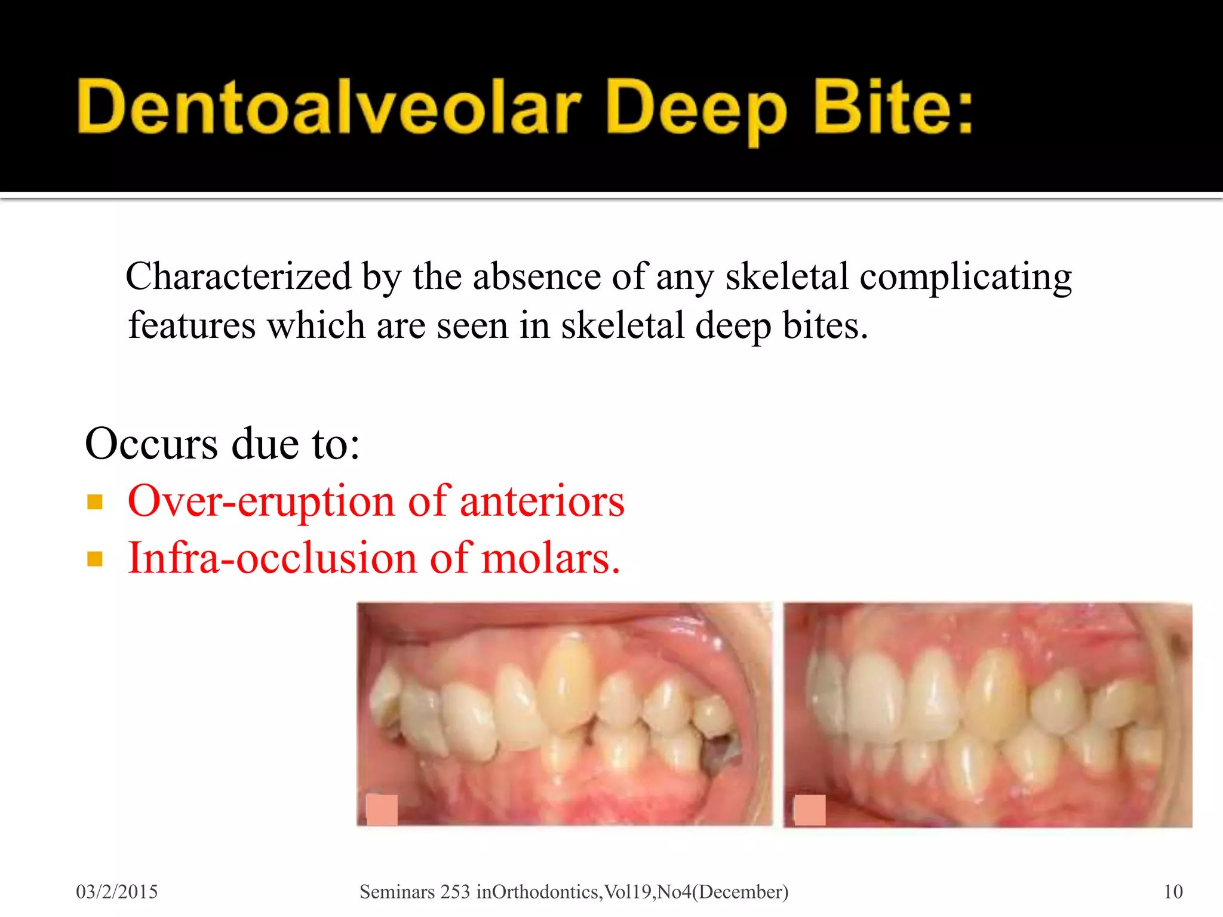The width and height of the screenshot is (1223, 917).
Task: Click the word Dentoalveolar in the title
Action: coord(328,107)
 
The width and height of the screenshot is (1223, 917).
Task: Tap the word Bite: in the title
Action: coord(893,107)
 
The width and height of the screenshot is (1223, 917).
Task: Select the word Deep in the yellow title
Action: coord(696,110)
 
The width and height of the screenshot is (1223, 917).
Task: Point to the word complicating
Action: coord(965,278)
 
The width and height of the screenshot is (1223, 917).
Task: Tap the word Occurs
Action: coord(152,444)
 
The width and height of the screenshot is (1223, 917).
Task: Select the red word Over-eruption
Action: coord(261,501)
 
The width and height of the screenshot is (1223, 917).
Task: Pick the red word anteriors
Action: coord(542,501)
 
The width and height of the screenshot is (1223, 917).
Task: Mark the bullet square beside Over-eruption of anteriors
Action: coord(95,501)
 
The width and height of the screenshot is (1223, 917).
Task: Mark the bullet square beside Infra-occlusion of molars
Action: coord(95,559)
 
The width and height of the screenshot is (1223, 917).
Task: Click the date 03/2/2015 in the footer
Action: coord(117,892)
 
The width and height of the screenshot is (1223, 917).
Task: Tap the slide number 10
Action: coord(1173,892)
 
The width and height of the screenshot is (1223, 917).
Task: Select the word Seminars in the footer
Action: coord(397,892)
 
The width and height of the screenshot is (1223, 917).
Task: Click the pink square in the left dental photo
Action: coord(382,810)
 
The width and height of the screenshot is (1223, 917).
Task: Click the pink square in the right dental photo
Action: coord(810,810)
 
